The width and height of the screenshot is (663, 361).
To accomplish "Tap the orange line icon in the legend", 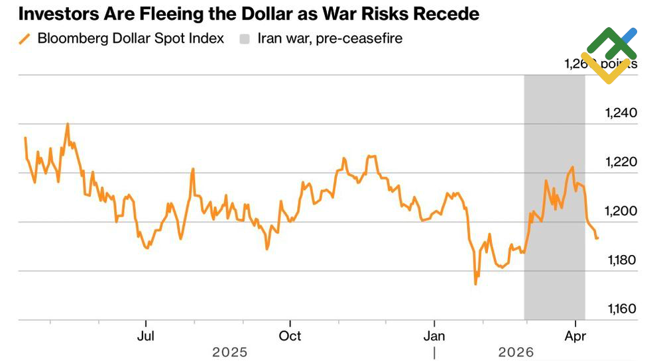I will (25, 38).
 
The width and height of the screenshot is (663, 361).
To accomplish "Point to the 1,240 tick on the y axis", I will (621, 113).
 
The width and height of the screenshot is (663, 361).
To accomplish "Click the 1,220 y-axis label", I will (621, 162).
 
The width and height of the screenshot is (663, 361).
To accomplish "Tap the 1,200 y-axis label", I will (621, 211).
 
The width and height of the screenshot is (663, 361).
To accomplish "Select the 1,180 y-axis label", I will (621, 260).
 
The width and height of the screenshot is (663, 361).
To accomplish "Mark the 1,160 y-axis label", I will (621, 309).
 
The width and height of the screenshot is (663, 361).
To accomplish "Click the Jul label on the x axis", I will (145, 336).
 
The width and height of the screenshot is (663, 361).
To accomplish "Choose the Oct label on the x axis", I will (289, 336).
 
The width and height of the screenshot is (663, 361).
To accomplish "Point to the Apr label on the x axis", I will (574, 336).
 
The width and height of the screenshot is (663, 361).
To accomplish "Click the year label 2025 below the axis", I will (229, 352).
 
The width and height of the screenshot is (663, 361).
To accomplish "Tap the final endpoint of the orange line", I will (598, 238).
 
